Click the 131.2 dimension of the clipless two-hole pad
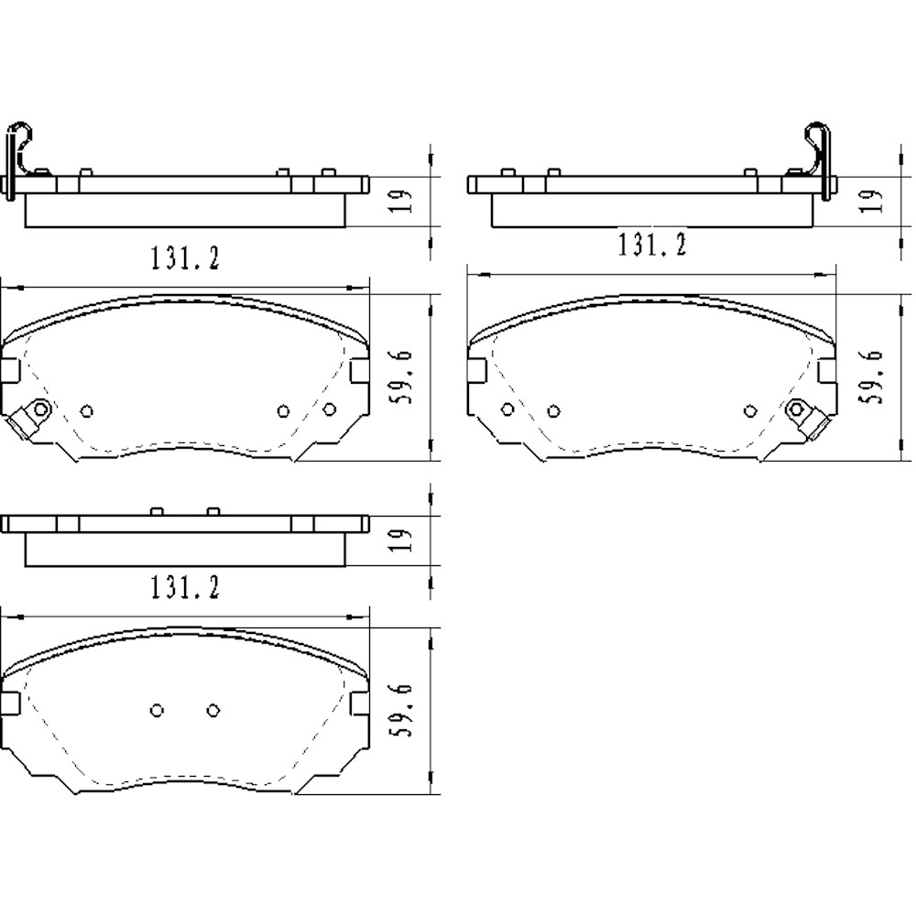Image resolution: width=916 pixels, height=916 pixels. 184,587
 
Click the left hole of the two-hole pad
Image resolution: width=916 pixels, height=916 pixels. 157,710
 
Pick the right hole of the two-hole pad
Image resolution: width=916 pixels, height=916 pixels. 213,710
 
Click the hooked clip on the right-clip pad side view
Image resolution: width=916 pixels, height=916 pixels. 816,151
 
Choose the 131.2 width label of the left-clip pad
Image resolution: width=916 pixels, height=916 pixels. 184,259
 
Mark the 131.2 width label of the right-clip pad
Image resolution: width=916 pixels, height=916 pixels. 651,245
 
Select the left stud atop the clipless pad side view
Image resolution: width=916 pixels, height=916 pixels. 156,510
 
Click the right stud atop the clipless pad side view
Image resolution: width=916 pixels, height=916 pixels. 213,510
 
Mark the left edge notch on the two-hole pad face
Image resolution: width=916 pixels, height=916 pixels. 10,703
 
